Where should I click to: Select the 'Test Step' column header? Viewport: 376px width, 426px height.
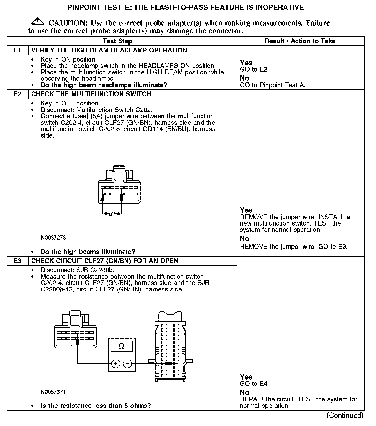click(117, 41)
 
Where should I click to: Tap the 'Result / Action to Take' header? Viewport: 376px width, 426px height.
click(300, 41)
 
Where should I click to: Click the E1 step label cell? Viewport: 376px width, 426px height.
click(17, 50)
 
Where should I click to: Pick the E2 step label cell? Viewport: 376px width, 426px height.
click(17, 94)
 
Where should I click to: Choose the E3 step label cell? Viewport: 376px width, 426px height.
click(17, 261)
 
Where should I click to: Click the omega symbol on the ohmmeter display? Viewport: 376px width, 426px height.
click(122, 346)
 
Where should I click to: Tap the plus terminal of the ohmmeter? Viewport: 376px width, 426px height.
click(116, 363)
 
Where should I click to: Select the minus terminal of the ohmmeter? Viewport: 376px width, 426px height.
click(128, 363)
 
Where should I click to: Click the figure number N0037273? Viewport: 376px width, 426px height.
click(53, 238)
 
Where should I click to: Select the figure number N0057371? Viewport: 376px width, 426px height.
click(53, 392)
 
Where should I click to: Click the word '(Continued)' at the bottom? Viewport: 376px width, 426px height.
click(345, 415)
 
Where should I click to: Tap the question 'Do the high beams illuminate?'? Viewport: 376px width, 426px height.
click(88, 252)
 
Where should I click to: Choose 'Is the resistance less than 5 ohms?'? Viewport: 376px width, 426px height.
click(96, 406)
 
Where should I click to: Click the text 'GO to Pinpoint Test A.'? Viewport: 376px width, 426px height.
click(273, 85)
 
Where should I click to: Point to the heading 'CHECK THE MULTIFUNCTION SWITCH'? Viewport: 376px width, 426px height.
click(91, 94)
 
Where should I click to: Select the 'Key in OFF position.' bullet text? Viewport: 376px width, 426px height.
click(70, 103)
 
